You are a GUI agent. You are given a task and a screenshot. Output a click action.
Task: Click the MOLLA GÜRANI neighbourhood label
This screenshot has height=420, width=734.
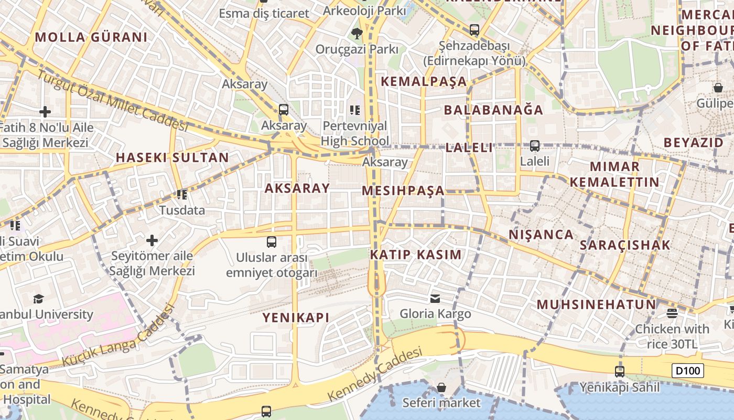(x=91, y=37)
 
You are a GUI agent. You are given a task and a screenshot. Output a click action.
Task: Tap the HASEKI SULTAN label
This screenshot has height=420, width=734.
(x=172, y=157)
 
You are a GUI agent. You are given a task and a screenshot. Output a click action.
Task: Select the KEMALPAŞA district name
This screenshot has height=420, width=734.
(x=424, y=81)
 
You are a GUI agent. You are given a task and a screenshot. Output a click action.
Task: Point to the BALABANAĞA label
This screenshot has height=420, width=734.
(x=493, y=110)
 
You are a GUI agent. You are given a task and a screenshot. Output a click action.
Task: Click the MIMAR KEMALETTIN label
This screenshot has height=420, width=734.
(x=614, y=174)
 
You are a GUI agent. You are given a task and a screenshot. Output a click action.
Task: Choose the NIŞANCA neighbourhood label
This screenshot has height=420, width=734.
(x=541, y=234)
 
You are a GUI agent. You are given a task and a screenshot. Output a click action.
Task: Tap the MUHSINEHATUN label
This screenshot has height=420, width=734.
(x=596, y=304)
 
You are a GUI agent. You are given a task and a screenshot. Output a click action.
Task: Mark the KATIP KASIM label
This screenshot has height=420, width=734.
(x=416, y=255)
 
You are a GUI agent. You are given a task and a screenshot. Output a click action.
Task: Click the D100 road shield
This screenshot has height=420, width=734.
(x=688, y=371)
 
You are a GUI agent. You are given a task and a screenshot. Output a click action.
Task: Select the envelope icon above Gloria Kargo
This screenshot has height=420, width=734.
(x=435, y=299)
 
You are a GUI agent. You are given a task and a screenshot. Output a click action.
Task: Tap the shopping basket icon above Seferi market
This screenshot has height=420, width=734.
(x=441, y=387)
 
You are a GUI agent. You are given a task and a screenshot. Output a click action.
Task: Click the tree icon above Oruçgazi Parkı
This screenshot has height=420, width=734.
(x=357, y=34)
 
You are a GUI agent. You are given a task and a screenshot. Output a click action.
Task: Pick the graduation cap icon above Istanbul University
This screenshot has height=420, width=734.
(x=38, y=299)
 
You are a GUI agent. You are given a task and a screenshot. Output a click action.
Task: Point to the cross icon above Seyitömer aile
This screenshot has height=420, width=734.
(x=152, y=240)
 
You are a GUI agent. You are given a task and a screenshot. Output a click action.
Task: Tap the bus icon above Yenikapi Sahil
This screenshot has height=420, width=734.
(x=619, y=371)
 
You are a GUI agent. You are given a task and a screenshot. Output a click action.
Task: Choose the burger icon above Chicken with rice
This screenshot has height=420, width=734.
(x=672, y=313)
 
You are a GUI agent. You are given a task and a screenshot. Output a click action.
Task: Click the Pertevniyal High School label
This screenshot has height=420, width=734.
(x=355, y=133)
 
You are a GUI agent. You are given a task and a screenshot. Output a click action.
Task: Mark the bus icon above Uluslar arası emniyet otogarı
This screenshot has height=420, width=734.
(x=272, y=242)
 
